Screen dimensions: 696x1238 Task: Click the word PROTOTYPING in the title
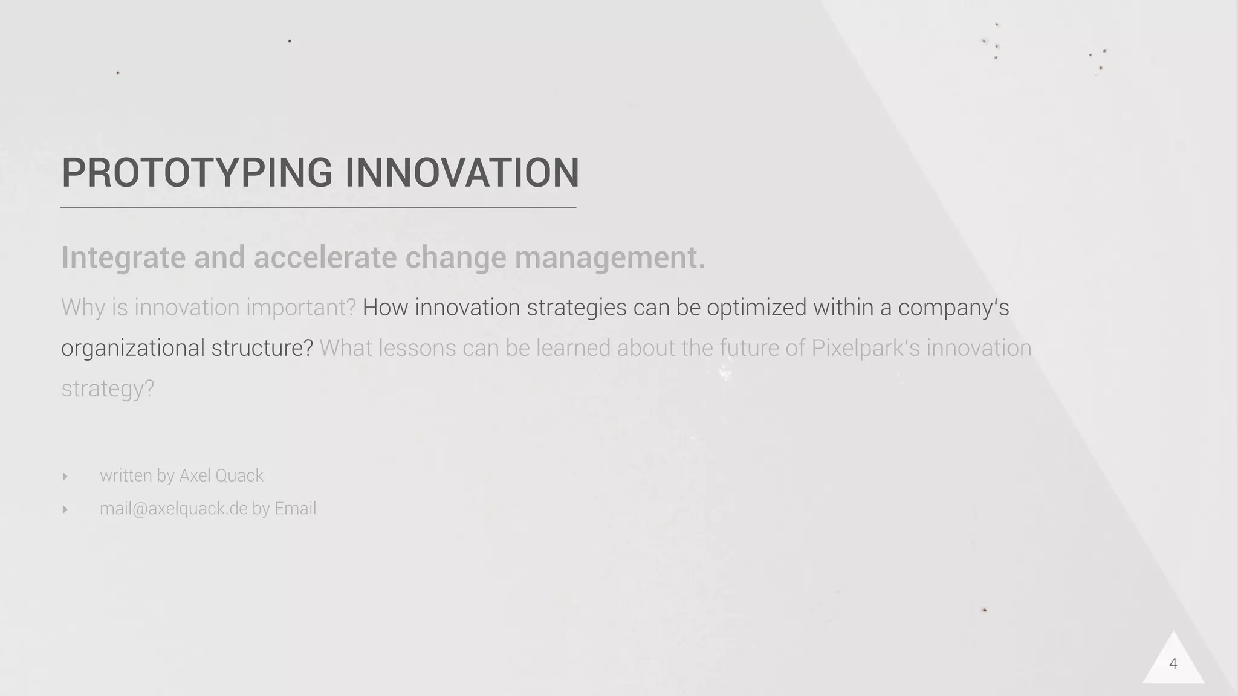click(x=196, y=173)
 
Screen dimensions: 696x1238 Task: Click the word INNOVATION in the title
click(x=462, y=173)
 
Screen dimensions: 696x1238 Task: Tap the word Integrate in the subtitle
click(x=123, y=258)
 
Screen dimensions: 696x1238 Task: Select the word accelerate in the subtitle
click(x=325, y=258)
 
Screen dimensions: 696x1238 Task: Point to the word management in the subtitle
click(x=609, y=258)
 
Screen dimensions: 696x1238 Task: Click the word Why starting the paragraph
click(x=83, y=308)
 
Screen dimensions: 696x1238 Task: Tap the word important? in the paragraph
click(x=300, y=308)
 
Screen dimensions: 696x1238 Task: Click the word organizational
click(x=132, y=349)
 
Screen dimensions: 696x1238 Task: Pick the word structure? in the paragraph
click(x=262, y=349)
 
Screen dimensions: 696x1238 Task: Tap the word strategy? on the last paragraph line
click(x=108, y=389)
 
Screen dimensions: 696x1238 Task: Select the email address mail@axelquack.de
click(x=173, y=509)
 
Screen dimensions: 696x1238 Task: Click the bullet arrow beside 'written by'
click(x=65, y=477)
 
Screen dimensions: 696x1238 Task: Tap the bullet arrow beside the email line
click(x=65, y=509)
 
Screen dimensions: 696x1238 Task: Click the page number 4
click(x=1173, y=664)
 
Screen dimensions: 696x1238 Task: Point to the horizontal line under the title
click(x=318, y=208)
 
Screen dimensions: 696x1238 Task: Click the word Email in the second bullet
click(x=295, y=509)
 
